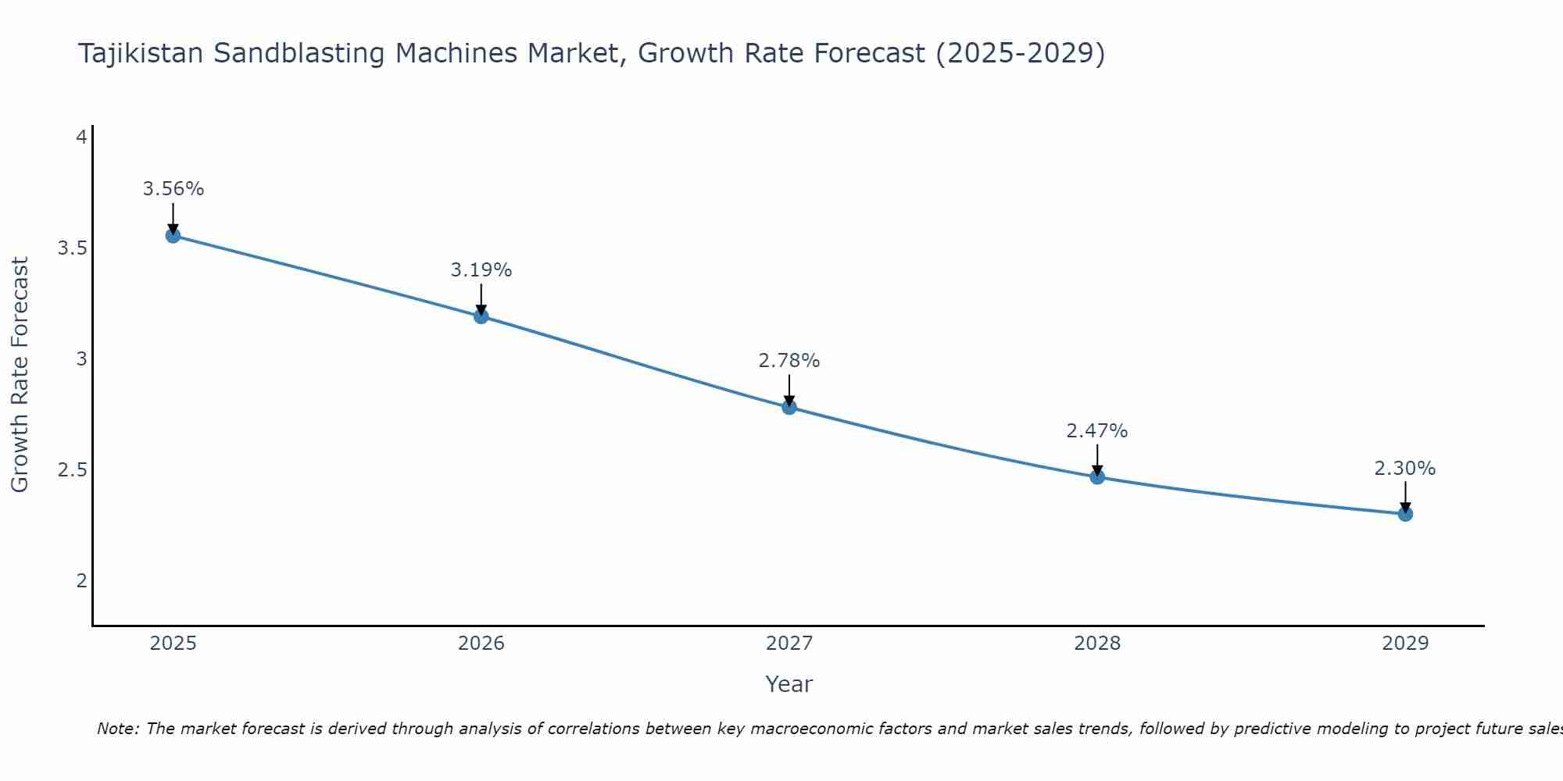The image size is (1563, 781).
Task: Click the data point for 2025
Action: pos(173,235)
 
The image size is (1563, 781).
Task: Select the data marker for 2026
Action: pos(481,316)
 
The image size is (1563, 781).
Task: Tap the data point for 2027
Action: pos(789,407)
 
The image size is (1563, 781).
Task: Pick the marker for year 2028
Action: pos(1096,476)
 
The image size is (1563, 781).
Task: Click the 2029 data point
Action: pos(1404,514)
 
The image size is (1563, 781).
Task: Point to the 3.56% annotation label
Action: pos(173,189)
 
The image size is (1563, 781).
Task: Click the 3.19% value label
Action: pos(481,270)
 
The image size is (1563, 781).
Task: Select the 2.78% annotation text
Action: pos(789,361)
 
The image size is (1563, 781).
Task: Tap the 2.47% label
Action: pos(1096,431)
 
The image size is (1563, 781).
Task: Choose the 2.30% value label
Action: pos(1404,469)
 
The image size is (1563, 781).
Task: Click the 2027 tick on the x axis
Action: pos(789,644)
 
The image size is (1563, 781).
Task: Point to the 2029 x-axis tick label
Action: pos(1404,644)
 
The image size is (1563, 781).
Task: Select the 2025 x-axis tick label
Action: pos(173,644)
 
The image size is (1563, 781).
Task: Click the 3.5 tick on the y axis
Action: pos(72,248)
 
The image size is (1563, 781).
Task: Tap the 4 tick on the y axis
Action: pos(80,137)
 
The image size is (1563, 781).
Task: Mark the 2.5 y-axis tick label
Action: pos(72,470)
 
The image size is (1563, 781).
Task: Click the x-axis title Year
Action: pos(789,684)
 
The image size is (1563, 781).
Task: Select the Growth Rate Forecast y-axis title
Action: pos(20,375)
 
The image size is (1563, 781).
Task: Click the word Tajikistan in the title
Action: pos(141,54)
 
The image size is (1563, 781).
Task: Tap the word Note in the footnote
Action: pos(116,729)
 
